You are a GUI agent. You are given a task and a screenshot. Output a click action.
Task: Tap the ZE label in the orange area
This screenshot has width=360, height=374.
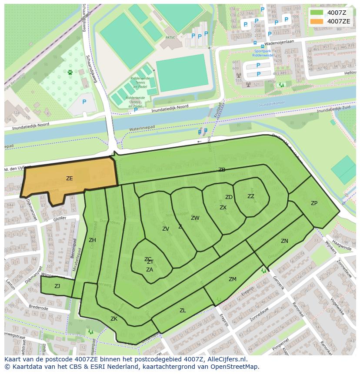pyautogui.click(x=70, y=179)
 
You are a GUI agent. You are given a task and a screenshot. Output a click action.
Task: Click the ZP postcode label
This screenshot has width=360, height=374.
pyautogui.click(x=314, y=203)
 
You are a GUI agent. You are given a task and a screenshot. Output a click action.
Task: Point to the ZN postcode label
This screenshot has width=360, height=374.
pyautogui.click(x=284, y=241)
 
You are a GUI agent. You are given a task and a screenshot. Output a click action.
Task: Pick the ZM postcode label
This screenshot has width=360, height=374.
pyautogui.click(x=233, y=279)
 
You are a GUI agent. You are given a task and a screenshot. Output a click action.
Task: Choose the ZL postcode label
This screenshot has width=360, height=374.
pyautogui.click(x=183, y=311)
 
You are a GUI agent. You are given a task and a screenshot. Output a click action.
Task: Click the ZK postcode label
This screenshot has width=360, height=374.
pyautogui.click(x=114, y=319)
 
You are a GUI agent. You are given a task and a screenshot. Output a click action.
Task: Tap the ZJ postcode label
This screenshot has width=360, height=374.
pyautogui.click(x=57, y=286)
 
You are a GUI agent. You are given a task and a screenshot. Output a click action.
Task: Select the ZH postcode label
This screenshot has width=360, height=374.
pyautogui.click(x=92, y=240)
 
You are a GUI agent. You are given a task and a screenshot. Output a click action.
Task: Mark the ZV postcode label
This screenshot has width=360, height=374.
pyautogui.click(x=166, y=229)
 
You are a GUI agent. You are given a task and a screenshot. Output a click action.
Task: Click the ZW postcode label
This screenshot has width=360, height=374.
pyautogui.click(x=195, y=218)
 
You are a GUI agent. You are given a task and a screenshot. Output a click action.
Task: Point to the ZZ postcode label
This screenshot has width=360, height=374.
pyautogui.click(x=251, y=196)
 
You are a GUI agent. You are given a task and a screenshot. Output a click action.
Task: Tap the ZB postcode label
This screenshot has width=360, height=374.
pyautogui.click(x=222, y=170)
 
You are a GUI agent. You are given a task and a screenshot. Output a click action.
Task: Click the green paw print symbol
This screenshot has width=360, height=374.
pyautogui.click(x=70, y=73)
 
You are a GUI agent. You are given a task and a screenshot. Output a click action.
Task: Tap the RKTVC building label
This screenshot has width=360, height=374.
pyautogui.click(x=170, y=38)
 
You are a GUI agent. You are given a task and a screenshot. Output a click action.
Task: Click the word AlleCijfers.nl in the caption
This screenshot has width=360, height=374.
pyautogui.click(x=225, y=359)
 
